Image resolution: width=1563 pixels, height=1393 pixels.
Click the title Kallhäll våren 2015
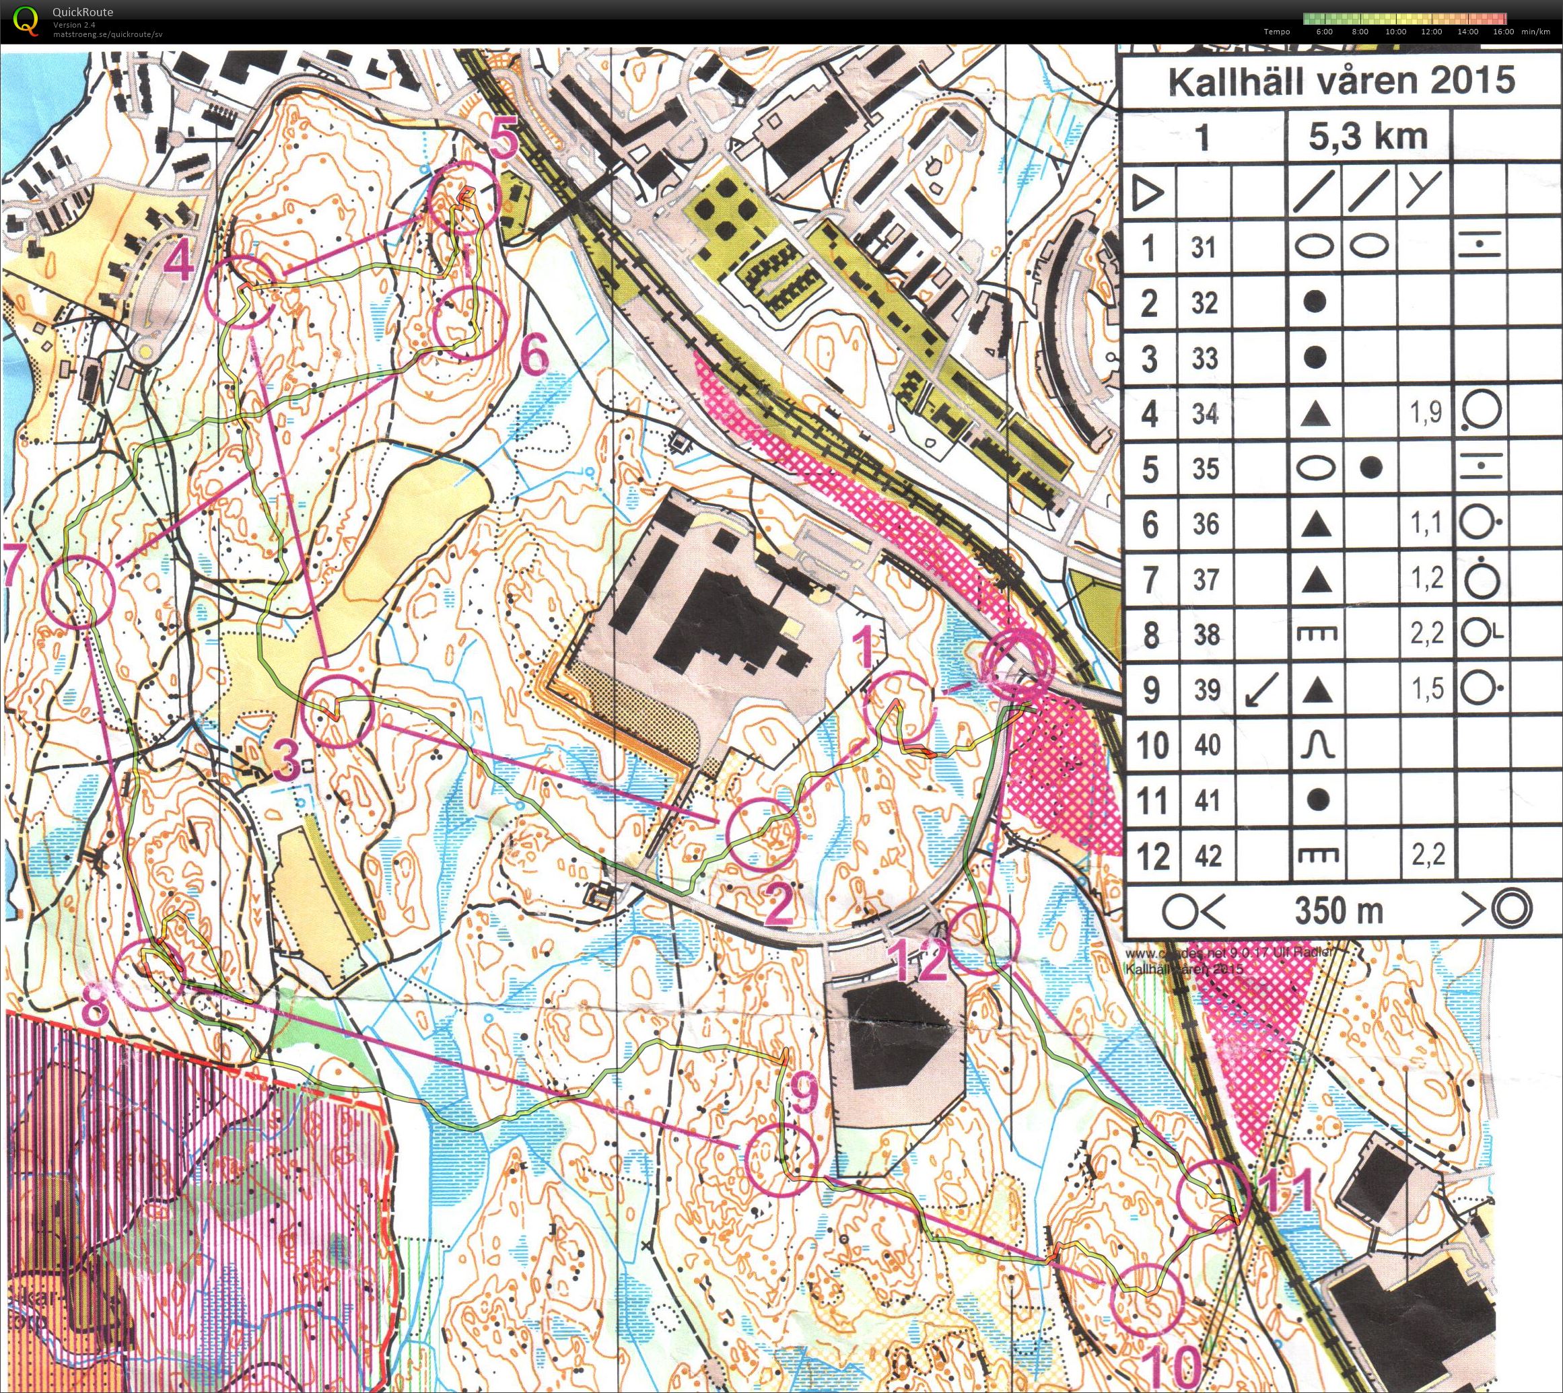pyautogui.click(x=1341, y=81)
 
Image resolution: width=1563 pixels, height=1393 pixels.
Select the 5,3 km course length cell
pyautogui.click(x=1368, y=136)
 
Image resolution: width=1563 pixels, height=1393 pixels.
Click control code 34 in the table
pyautogui.click(x=1204, y=414)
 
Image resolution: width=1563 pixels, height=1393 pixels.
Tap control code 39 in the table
pyautogui.click(x=1207, y=690)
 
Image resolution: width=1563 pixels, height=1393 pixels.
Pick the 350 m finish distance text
pyautogui.click(x=1339, y=910)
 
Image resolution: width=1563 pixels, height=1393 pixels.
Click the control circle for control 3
pyautogui.click(x=337, y=713)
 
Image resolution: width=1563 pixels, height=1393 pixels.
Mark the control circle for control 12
pyautogui.click(x=984, y=937)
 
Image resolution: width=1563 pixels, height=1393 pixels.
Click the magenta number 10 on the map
pyautogui.click(x=1174, y=1365)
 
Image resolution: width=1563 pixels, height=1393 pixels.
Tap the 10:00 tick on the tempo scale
pyautogui.click(x=1395, y=32)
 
